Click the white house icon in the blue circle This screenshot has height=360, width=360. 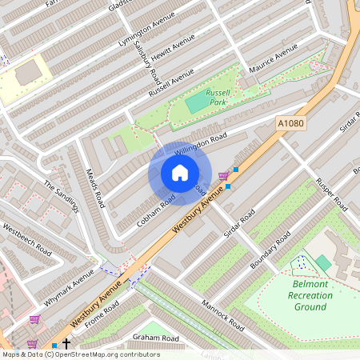[180, 173]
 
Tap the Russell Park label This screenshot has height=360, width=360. [218, 98]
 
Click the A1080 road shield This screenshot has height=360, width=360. [291, 123]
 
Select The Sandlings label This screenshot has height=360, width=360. [62, 195]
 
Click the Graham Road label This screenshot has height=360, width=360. [156, 338]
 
